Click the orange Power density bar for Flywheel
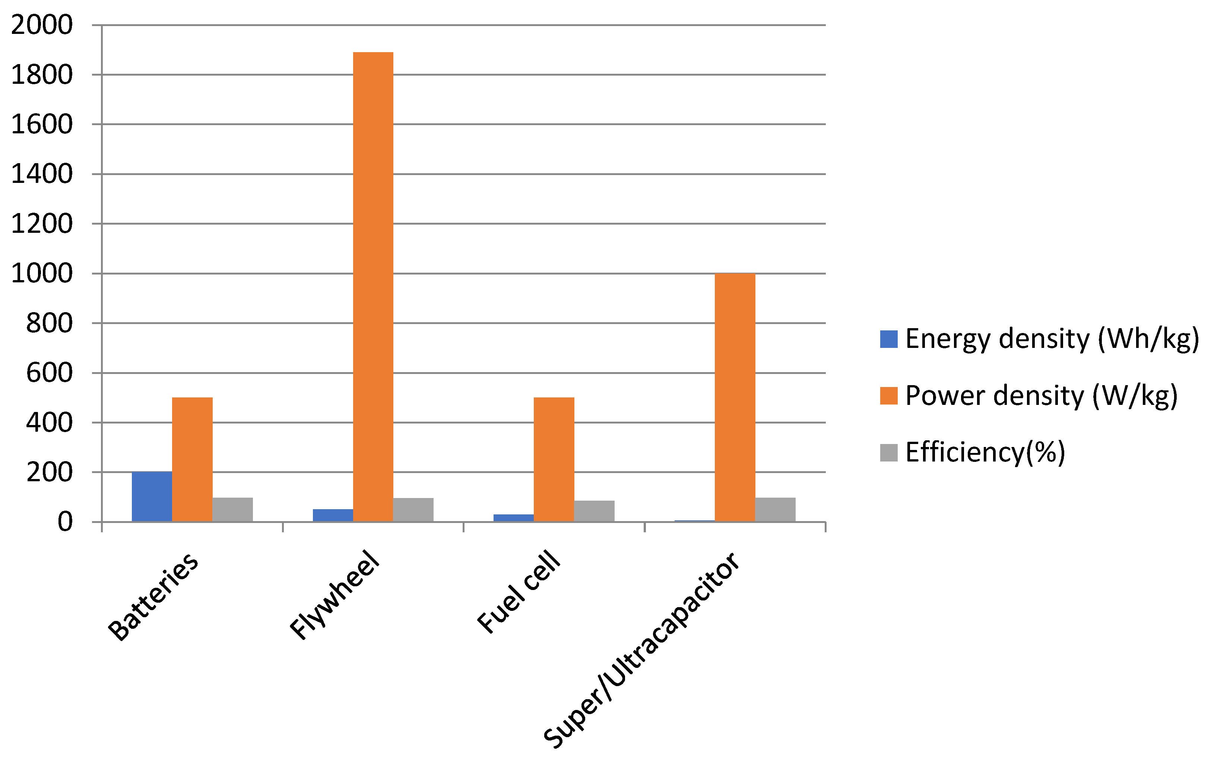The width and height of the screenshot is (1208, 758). tap(373, 287)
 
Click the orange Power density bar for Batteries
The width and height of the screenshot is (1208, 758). tap(192, 459)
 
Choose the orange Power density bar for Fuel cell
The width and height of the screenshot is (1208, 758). tap(554, 459)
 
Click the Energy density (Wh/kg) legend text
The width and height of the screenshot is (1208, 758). tap(1052, 339)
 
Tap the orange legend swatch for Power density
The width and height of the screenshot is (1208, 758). tap(888, 396)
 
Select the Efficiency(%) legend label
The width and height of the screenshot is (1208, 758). tap(985, 452)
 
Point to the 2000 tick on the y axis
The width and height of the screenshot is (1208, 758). tap(42, 25)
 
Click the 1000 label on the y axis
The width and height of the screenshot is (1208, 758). tap(42, 274)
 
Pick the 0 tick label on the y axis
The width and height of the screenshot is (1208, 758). tap(65, 522)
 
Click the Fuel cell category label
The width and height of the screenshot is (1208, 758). tap(518, 592)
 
